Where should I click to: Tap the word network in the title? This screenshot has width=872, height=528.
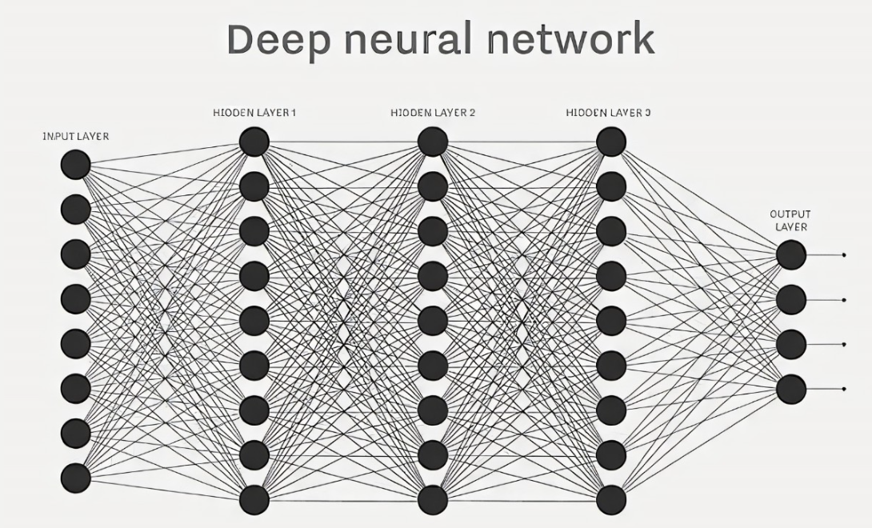click(x=571, y=38)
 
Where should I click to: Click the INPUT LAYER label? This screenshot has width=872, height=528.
click(x=76, y=136)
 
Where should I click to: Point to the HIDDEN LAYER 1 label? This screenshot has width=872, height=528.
click(x=254, y=113)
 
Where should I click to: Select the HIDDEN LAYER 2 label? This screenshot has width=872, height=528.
click(x=433, y=113)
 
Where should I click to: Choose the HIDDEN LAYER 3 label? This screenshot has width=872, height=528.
click(x=608, y=113)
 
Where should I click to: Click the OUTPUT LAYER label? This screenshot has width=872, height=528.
click(x=790, y=220)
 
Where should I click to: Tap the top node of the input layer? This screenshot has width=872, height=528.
click(x=76, y=165)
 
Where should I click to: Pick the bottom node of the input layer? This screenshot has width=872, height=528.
click(x=76, y=478)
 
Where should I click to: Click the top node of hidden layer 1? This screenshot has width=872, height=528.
click(x=254, y=142)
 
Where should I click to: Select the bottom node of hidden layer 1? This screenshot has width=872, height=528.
click(x=254, y=500)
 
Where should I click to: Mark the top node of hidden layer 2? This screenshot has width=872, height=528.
click(x=433, y=142)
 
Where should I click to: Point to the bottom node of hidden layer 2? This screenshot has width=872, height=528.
click(x=433, y=500)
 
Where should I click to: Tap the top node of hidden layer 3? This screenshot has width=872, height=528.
click(x=611, y=142)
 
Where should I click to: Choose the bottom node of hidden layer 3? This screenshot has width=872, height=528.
click(x=611, y=500)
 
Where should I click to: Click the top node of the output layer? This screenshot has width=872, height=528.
click(x=791, y=255)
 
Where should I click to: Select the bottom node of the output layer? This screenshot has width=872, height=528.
click(x=791, y=389)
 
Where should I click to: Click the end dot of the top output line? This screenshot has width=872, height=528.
click(x=844, y=255)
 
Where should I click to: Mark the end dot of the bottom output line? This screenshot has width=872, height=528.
click(x=844, y=389)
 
